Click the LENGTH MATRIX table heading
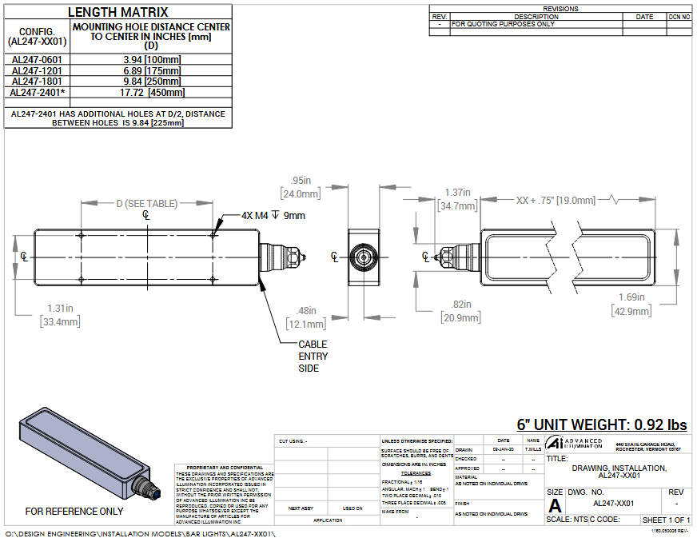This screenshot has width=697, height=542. (x=117, y=12)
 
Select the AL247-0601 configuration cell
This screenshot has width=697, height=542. (x=37, y=59)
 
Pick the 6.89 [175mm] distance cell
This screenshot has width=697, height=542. (x=152, y=70)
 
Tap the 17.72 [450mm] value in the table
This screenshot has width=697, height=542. (x=152, y=92)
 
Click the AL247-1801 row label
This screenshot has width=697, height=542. (x=37, y=81)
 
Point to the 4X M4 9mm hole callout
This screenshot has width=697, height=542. (x=273, y=215)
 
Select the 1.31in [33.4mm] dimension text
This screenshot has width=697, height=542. (x=60, y=315)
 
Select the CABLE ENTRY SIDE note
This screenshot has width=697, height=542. (x=313, y=357)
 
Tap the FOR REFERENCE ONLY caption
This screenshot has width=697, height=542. (x=74, y=511)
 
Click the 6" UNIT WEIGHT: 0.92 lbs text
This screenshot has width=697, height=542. (x=602, y=424)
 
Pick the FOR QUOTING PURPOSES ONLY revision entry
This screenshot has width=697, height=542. (x=503, y=24)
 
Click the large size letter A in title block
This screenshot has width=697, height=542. (x=555, y=505)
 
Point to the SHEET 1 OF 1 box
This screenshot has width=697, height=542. (x=666, y=520)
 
